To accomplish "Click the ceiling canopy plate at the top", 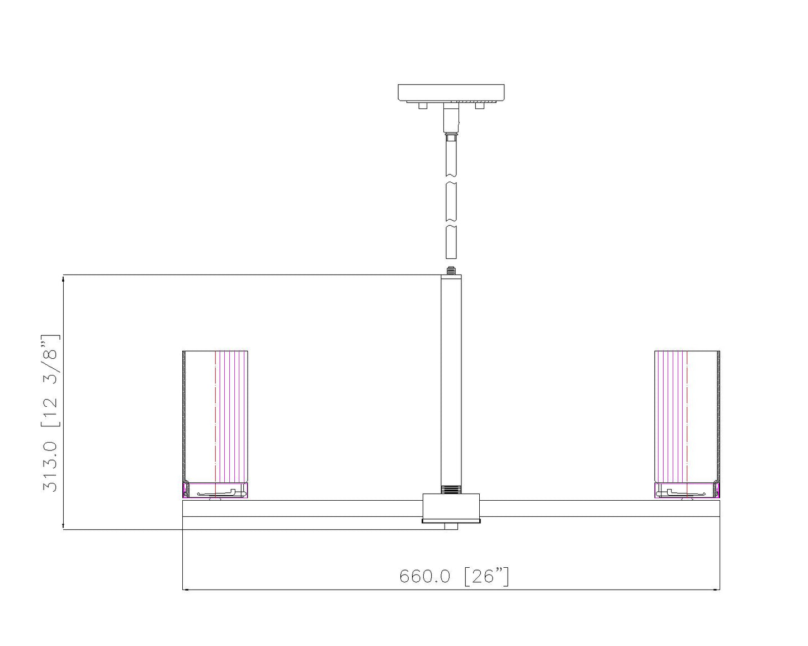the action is pyautogui.click(x=451, y=92).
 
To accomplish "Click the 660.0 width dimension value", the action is pyautogui.click(x=424, y=576).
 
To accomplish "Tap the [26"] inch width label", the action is pyautogui.click(x=486, y=576).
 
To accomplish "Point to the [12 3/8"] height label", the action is pyautogui.click(x=50, y=380).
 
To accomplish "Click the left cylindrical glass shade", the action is pyautogui.click(x=215, y=417).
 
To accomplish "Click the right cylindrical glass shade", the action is pyautogui.click(x=687, y=417).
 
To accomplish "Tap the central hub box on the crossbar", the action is pyautogui.click(x=451, y=507).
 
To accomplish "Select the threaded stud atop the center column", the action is pyautogui.click(x=451, y=270).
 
